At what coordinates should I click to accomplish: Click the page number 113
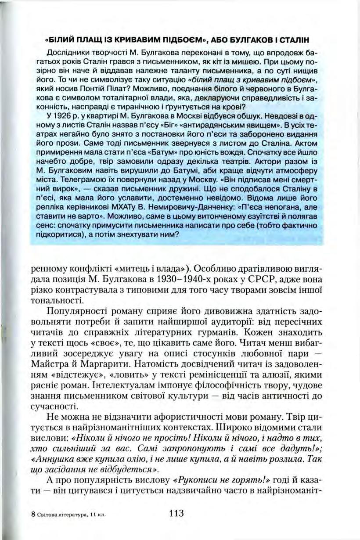pyautogui.click(x=175, y=513)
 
